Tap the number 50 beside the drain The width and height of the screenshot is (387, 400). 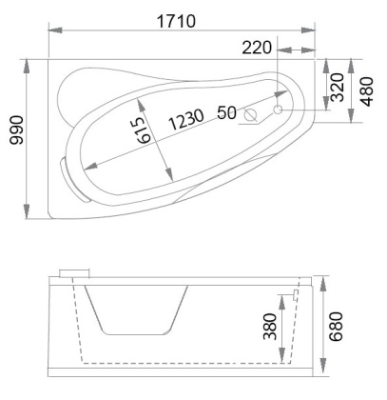(x=226, y=112)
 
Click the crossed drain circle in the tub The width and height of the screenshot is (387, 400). (x=252, y=115)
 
